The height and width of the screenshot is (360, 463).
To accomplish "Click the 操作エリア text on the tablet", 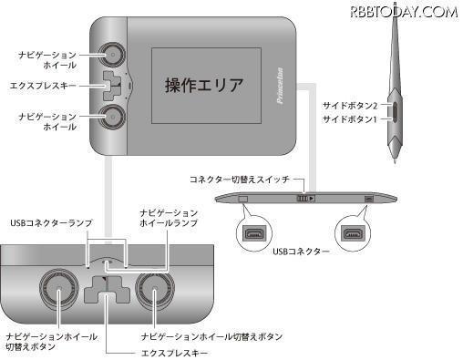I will tap(204, 86).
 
